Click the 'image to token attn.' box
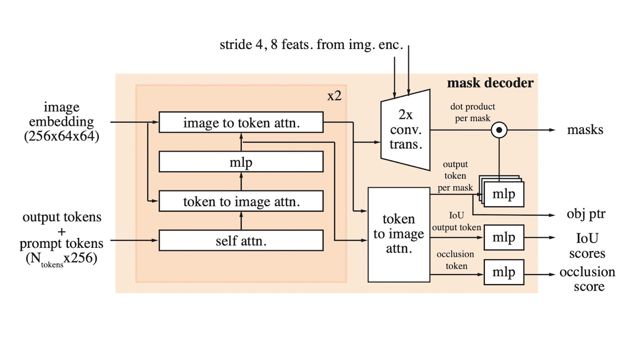(241, 122)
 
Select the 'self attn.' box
(241, 240)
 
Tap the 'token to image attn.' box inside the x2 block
(241, 201)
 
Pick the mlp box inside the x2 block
(241, 162)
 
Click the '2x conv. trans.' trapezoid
(406, 130)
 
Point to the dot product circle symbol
(499, 130)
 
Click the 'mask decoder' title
(490, 83)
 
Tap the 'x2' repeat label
(334, 96)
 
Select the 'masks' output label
(585, 130)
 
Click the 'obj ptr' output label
(586, 214)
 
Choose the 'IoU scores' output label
(587, 246)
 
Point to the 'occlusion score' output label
(588, 279)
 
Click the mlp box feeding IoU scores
(504, 237)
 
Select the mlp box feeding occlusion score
(504, 272)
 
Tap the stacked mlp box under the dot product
(504, 194)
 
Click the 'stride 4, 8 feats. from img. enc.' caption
(311, 45)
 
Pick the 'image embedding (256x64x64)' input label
(62, 122)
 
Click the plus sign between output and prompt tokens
(62, 231)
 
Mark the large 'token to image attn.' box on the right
(399, 234)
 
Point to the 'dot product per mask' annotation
(472, 112)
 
